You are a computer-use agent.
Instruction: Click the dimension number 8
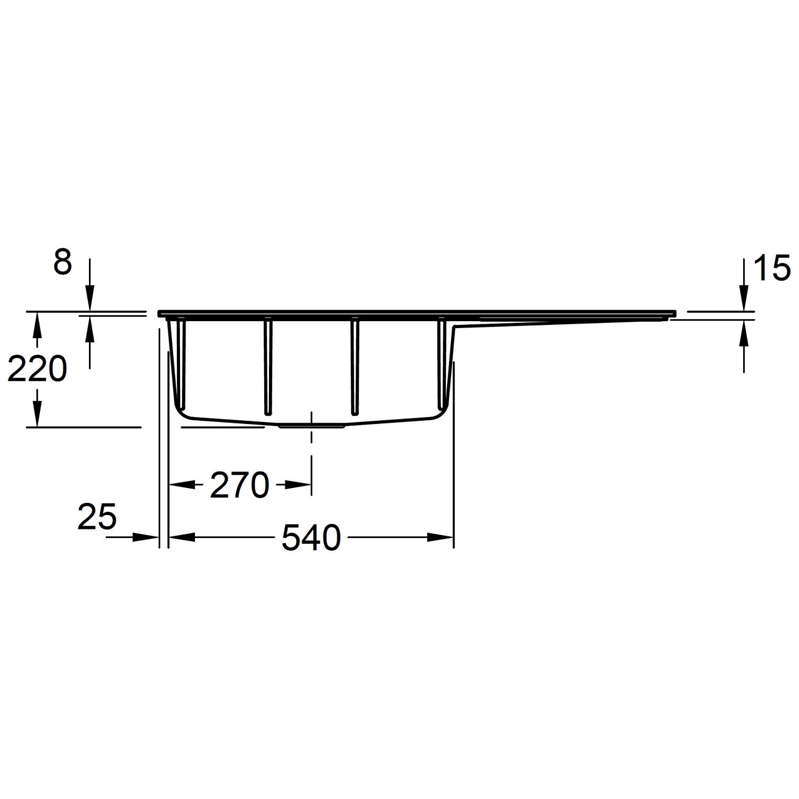click(x=62, y=263)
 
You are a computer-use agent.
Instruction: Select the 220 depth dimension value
click(x=37, y=369)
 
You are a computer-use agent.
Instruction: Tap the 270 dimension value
click(x=239, y=485)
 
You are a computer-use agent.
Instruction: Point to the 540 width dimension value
click(x=311, y=537)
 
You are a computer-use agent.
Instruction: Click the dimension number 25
click(x=96, y=517)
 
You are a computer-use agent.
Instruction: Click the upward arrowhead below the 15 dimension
click(x=744, y=331)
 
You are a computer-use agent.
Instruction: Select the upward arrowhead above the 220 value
click(x=36, y=324)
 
